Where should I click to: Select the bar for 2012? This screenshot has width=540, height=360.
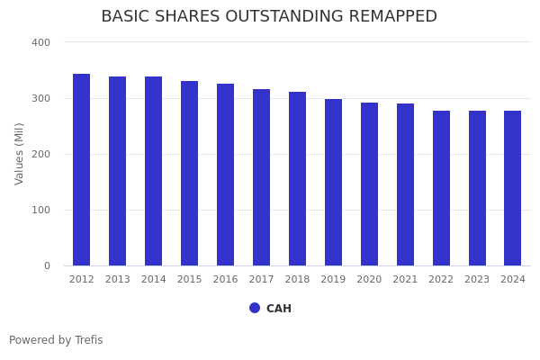pos(82,170)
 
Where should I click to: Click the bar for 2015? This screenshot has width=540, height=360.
pos(190,174)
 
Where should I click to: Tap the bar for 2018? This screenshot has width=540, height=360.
pos(297,179)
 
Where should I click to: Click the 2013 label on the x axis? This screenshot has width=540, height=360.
pos(118,280)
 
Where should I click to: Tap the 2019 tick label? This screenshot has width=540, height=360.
pos(333,280)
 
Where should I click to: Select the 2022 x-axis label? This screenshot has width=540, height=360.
pos(441,280)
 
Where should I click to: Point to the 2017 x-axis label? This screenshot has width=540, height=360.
pos(261,280)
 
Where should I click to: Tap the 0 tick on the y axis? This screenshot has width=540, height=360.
pos(46,265)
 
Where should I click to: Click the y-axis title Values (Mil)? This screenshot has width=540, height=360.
pos(20,153)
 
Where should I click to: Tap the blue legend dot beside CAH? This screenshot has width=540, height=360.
pos(255,308)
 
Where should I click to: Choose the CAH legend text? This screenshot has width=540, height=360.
pos(279,309)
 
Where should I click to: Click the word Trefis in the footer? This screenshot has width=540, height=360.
pos(88,340)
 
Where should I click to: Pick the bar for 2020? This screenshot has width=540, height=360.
pos(369,184)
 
